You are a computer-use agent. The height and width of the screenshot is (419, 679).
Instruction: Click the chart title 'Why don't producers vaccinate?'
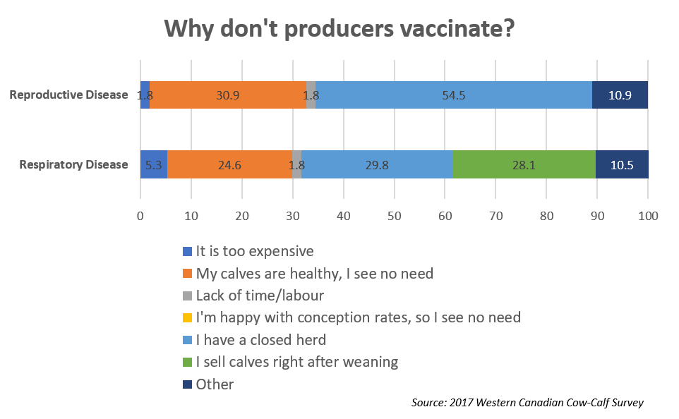point(339,28)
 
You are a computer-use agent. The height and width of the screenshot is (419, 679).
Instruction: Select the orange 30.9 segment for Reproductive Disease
point(228,95)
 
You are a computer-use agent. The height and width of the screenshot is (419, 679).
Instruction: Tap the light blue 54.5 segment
point(454,95)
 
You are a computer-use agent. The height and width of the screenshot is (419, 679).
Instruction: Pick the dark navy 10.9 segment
point(620,95)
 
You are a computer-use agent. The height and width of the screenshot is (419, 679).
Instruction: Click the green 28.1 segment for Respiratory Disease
point(524,164)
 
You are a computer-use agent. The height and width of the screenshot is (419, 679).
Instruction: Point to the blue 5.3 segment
point(154,164)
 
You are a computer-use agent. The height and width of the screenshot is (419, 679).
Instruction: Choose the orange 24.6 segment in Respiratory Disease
point(230,164)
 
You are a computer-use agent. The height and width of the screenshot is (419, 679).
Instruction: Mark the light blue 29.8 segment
point(377,164)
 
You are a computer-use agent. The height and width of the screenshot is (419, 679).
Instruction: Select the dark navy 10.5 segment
point(622,164)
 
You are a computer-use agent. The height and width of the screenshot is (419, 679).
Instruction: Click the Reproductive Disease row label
point(69,95)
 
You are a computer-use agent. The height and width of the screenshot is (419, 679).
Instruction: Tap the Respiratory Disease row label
point(73,164)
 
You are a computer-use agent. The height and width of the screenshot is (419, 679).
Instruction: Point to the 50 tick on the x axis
point(395,216)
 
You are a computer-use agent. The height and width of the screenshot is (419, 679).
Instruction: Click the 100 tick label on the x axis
point(648,216)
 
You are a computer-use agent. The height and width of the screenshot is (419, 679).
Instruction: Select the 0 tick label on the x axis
point(140,216)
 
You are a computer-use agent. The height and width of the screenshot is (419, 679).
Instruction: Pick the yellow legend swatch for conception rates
point(187,317)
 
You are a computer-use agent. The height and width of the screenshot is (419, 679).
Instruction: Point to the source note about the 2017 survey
point(527,403)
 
